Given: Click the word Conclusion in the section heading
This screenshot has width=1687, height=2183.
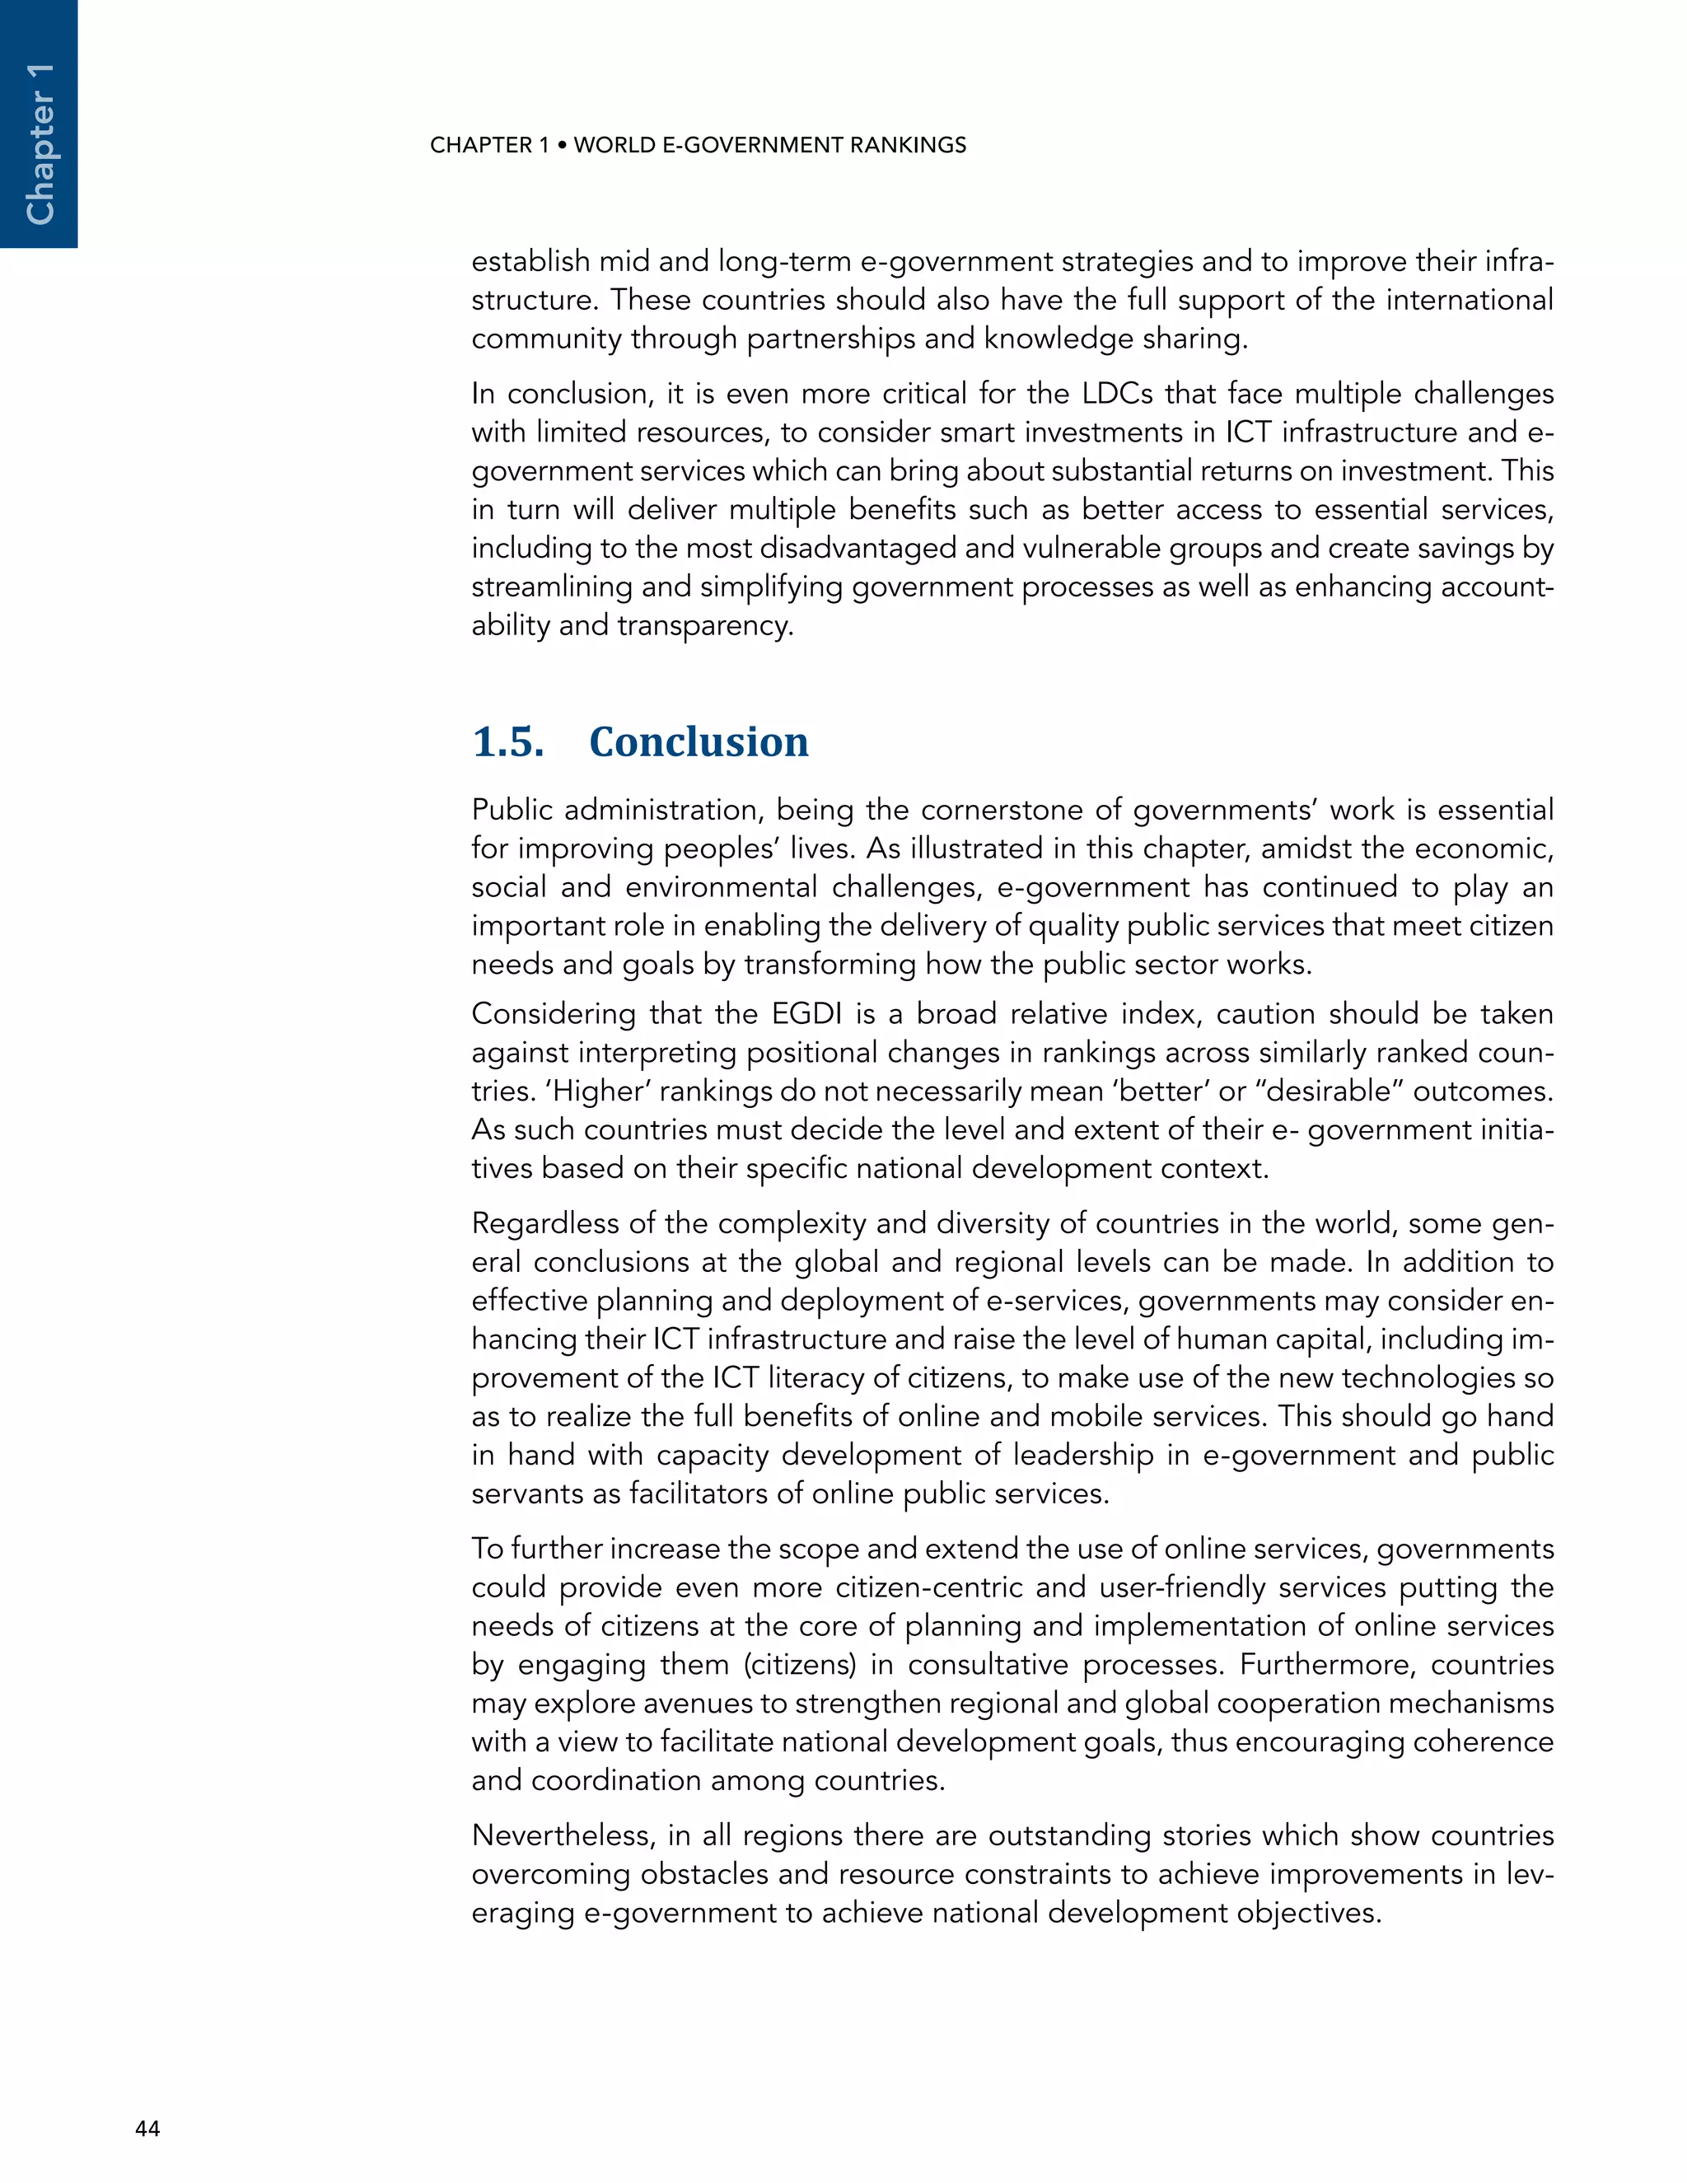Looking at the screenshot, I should coord(699,741).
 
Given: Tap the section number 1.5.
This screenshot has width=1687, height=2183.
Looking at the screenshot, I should coord(507,741).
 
